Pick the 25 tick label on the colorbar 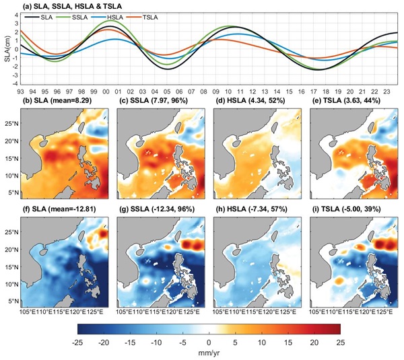pyautogui.click(x=339, y=342)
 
